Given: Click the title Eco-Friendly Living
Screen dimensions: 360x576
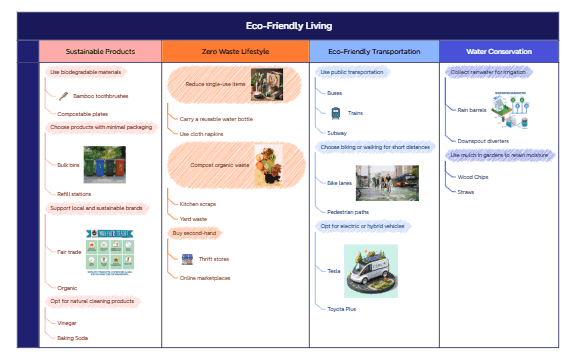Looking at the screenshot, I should click(x=288, y=26).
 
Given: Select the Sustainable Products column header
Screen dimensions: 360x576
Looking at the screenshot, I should click(x=100, y=51).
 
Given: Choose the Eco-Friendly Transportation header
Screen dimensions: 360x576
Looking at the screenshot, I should click(x=372, y=51).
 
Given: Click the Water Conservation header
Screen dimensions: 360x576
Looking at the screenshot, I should click(x=499, y=51).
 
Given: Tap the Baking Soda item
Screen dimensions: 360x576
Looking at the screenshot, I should click(x=72, y=338).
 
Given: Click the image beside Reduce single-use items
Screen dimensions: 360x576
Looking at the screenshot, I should click(x=265, y=81).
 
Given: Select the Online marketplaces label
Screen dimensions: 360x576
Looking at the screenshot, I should click(x=205, y=278).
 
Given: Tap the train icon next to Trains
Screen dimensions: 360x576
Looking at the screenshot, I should click(x=336, y=113).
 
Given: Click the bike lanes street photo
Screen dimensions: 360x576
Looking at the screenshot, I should click(x=387, y=183).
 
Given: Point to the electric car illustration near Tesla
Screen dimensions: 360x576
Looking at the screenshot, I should click(x=371, y=270).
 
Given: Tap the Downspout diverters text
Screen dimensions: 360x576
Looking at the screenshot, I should click(x=484, y=141).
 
